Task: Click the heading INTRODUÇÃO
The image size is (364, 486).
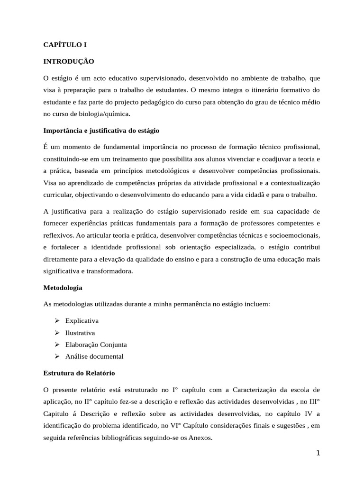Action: (69, 61)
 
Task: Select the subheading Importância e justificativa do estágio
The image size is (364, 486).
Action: (101, 130)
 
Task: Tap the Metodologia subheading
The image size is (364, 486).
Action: (63, 288)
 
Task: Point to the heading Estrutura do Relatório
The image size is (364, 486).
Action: (79, 373)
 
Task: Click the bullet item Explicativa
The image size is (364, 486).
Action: (82, 321)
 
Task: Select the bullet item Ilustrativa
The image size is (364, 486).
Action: (80, 333)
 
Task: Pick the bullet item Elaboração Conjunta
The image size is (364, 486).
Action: (96, 345)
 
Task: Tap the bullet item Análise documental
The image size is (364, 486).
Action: (94, 356)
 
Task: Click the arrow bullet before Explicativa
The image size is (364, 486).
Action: (57, 321)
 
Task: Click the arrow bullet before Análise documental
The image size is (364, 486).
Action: (57, 356)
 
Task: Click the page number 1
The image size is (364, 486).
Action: (318, 453)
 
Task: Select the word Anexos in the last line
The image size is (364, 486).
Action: (200, 439)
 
